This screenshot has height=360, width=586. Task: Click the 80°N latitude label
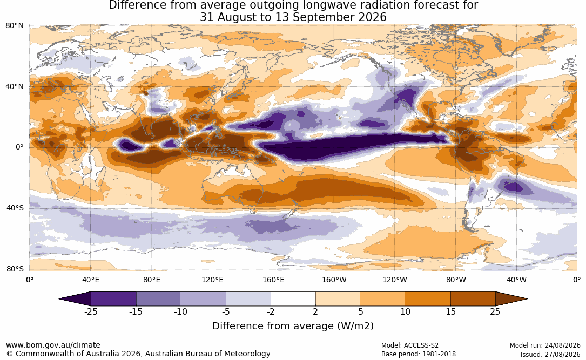pos(15,26)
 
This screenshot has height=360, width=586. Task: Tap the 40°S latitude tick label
pos(15,208)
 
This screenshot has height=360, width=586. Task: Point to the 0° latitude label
pos(19,147)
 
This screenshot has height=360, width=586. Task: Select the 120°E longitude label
pos(212,280)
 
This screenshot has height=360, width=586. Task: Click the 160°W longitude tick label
pos(334,280)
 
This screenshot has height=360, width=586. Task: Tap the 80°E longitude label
pos(151,280)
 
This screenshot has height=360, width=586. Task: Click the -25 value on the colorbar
pos(91,311)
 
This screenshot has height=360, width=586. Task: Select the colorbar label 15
pos(450,311)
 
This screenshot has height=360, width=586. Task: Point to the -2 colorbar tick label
pos(271,311)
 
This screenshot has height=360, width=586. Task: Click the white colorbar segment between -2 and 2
pos(293,299)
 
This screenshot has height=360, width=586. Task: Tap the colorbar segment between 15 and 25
pos(473,299)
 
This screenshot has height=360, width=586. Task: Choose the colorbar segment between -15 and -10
pos(158,299)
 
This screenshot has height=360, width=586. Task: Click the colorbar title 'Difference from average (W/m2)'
pos(293,326)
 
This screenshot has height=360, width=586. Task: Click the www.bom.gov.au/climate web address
pos(53,345)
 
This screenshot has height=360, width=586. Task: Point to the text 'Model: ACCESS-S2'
pos(410,345)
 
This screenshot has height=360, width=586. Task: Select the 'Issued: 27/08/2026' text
pos(550,354)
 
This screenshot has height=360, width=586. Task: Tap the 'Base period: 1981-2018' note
pos(419,354)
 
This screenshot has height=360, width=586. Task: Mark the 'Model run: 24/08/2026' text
pos(545,345)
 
